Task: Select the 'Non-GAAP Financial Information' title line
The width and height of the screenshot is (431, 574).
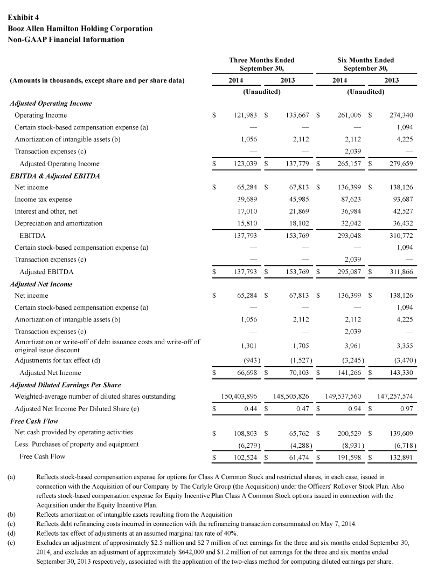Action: [x=66, y=39]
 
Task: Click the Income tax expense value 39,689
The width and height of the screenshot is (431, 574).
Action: [x=246, y=200]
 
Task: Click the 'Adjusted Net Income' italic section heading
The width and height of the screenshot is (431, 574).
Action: [x=41, y=284]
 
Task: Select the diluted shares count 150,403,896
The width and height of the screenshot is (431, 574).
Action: [x=239, y=397]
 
